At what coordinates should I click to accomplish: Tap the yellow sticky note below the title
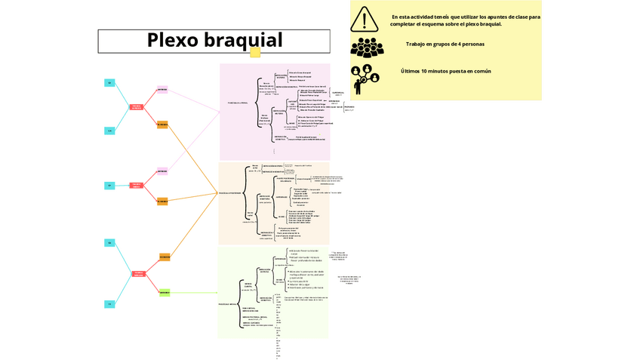[x=255, y=53]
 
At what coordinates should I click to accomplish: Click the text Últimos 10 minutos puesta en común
[x=445, y=71]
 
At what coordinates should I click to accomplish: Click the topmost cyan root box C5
[x=109, y=82]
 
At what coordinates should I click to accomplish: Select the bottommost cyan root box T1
[x=109, y=303]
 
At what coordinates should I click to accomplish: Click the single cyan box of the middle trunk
[x=109, y=185]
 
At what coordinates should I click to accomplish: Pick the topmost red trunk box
[x=137, y=106]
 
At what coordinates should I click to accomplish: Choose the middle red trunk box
[x=137, y=185]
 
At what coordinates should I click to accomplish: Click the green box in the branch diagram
[x=164, y=292]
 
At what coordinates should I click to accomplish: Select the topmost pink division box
[x=162, y=90]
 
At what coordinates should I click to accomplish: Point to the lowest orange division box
[x=164, y=257]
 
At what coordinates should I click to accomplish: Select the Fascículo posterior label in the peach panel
[x=229, y=193]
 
